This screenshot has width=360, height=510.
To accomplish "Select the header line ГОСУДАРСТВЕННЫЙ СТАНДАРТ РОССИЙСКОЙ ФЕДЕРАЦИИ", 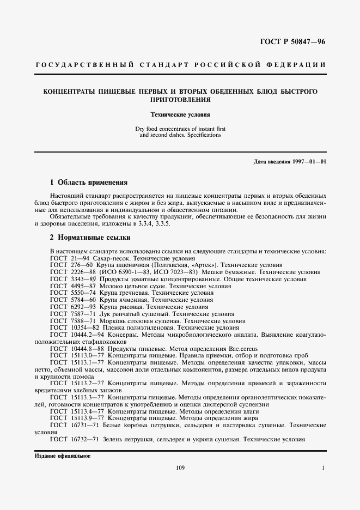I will [180, 65].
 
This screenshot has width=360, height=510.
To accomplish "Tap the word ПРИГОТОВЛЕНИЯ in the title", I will [180, 100].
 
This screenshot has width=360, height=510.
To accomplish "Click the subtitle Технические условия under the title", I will [180, 115].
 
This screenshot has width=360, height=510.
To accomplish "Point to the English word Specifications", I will [202, 134].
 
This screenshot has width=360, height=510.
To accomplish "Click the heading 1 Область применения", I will [89, 183].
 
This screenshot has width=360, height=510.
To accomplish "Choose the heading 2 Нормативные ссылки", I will [90, 238].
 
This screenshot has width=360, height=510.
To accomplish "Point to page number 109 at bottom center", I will [181, 468].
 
